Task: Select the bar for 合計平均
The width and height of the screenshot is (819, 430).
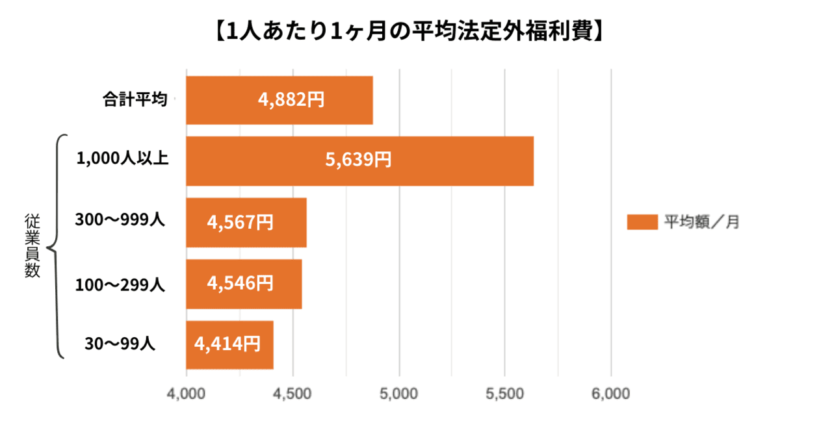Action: (279, 100)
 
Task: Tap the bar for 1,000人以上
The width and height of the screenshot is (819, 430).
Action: (359, 161)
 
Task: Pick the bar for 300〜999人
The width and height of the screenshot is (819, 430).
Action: (246, 223)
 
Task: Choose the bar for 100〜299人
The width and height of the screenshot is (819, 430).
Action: (244, 284)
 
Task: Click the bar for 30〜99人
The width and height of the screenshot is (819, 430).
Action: (229, 345)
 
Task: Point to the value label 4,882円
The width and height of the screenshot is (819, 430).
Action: (291, 101)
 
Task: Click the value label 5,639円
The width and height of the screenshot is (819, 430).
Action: (358, 160)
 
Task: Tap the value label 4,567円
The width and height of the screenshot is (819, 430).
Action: (240, 222)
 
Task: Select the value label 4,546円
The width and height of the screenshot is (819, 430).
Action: (240, 283)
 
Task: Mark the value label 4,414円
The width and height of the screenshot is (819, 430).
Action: (227, 344)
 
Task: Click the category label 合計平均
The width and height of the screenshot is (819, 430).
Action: (135, 100)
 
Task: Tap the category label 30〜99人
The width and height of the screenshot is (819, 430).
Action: (120, 343)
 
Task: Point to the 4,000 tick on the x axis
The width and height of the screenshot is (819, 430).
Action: (187, 394)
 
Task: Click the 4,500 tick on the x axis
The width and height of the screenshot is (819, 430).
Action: (292, 394)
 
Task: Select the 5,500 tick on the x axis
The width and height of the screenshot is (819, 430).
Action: (505, 394)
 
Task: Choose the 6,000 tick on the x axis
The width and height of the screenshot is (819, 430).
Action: (611, 394)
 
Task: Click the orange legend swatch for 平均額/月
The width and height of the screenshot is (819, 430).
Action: (642, 222)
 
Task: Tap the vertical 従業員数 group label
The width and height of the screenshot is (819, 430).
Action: (32, 246)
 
